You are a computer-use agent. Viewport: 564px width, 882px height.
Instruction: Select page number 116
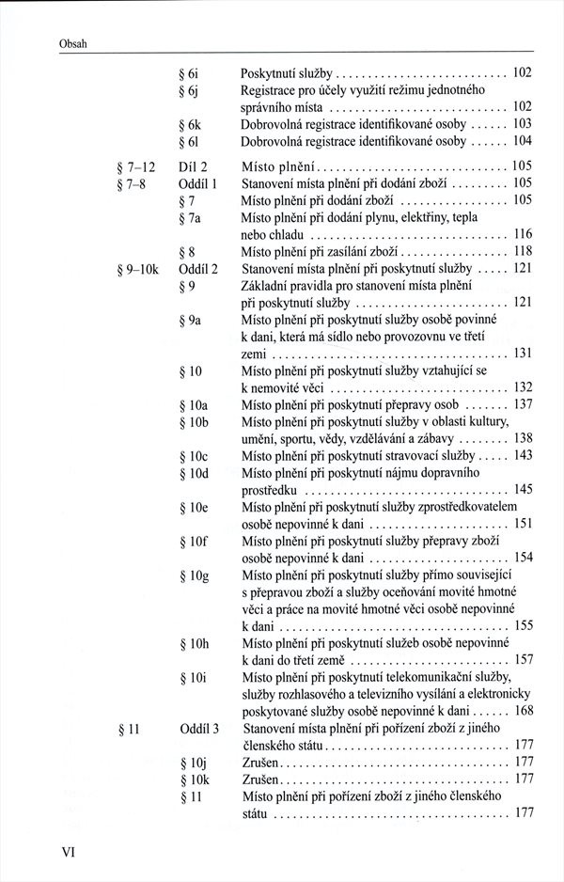[x=524, y=233]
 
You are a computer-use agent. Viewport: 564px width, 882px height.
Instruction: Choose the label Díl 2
[x=192, y=165]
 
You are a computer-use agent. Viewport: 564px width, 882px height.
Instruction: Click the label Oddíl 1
[x=197, y=182]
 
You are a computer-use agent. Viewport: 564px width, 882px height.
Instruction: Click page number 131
[x=524, y=354]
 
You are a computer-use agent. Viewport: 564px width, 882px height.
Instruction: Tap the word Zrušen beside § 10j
[x=262, y=762]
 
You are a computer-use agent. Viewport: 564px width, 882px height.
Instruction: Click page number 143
[x=524, y=455]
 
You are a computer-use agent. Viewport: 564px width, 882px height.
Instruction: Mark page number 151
[x=524, y=523]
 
